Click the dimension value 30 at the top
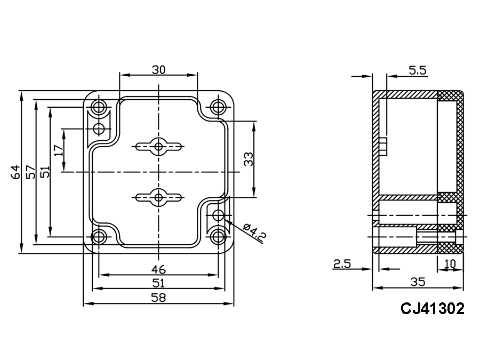click(158, 70)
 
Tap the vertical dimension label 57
click(30, 172)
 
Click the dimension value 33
click(249, 159)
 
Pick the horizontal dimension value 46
click(158, 268)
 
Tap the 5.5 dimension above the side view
click(417, 69)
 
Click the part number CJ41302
click(432, 309)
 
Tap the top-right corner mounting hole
click(218, 107)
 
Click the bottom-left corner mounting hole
click(99, 237)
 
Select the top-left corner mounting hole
click(99, 107)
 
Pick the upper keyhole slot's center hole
click(158, 146)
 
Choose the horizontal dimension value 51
click(158, 283)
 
